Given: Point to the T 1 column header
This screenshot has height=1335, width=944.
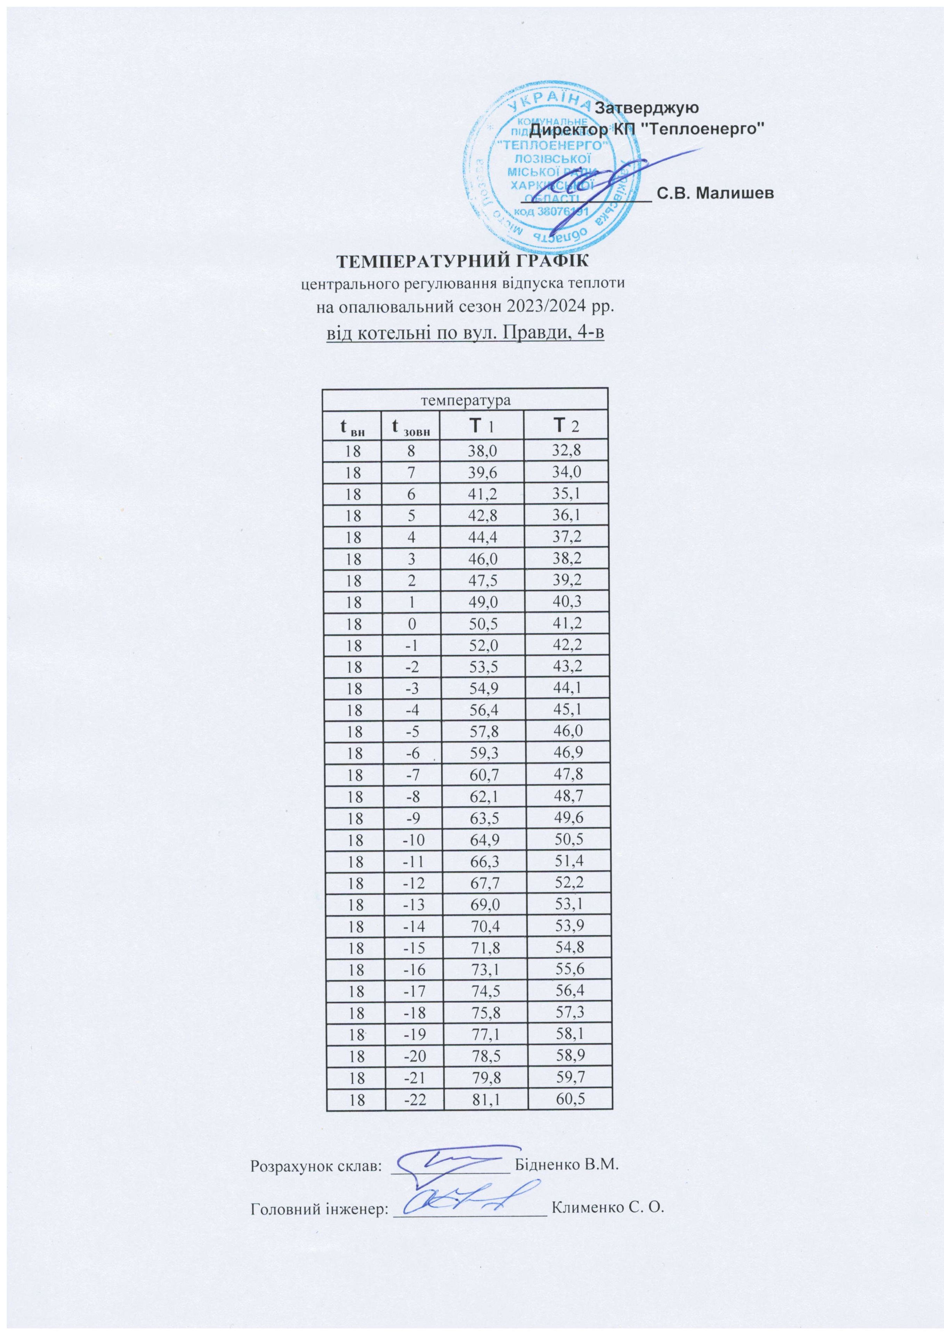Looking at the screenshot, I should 482,427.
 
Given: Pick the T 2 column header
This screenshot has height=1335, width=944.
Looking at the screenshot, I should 565,427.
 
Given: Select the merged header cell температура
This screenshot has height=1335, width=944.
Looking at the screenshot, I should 465,400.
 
